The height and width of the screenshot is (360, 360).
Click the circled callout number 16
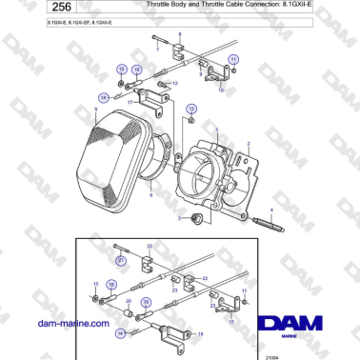(x=136, y=70)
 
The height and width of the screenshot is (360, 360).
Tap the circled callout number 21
(x=121, y=258)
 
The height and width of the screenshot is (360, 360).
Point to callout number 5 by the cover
(x=96, y=109)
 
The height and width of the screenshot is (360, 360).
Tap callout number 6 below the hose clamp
(x=150, y=182)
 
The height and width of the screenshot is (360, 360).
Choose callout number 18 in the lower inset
(x=201, y=332)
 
